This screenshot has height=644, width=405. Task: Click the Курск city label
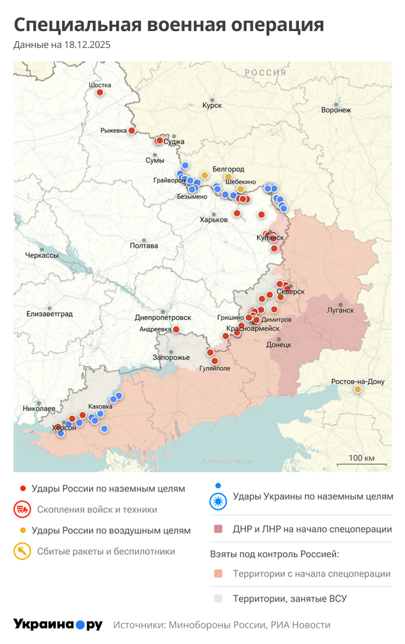(212, 105)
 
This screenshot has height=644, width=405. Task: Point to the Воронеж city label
(335, 109)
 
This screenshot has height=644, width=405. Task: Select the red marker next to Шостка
(100, 92)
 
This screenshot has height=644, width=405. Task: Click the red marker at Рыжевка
(132, 131)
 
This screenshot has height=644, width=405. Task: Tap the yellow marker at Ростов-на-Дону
(357, 390)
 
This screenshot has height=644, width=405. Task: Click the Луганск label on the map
(340, 310)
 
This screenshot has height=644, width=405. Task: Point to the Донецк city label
(279, 344)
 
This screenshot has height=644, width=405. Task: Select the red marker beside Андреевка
(176, 329)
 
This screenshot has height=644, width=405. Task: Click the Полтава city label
(144, 246)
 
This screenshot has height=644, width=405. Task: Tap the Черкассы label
(42, 255)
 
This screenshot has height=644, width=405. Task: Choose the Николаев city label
(39, 408)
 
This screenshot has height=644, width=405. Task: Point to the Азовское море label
(227, 461)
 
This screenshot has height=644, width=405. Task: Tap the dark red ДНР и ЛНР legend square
(218, 529)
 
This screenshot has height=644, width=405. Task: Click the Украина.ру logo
(58, 624)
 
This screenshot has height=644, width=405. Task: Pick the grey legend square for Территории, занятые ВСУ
(218, 598)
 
